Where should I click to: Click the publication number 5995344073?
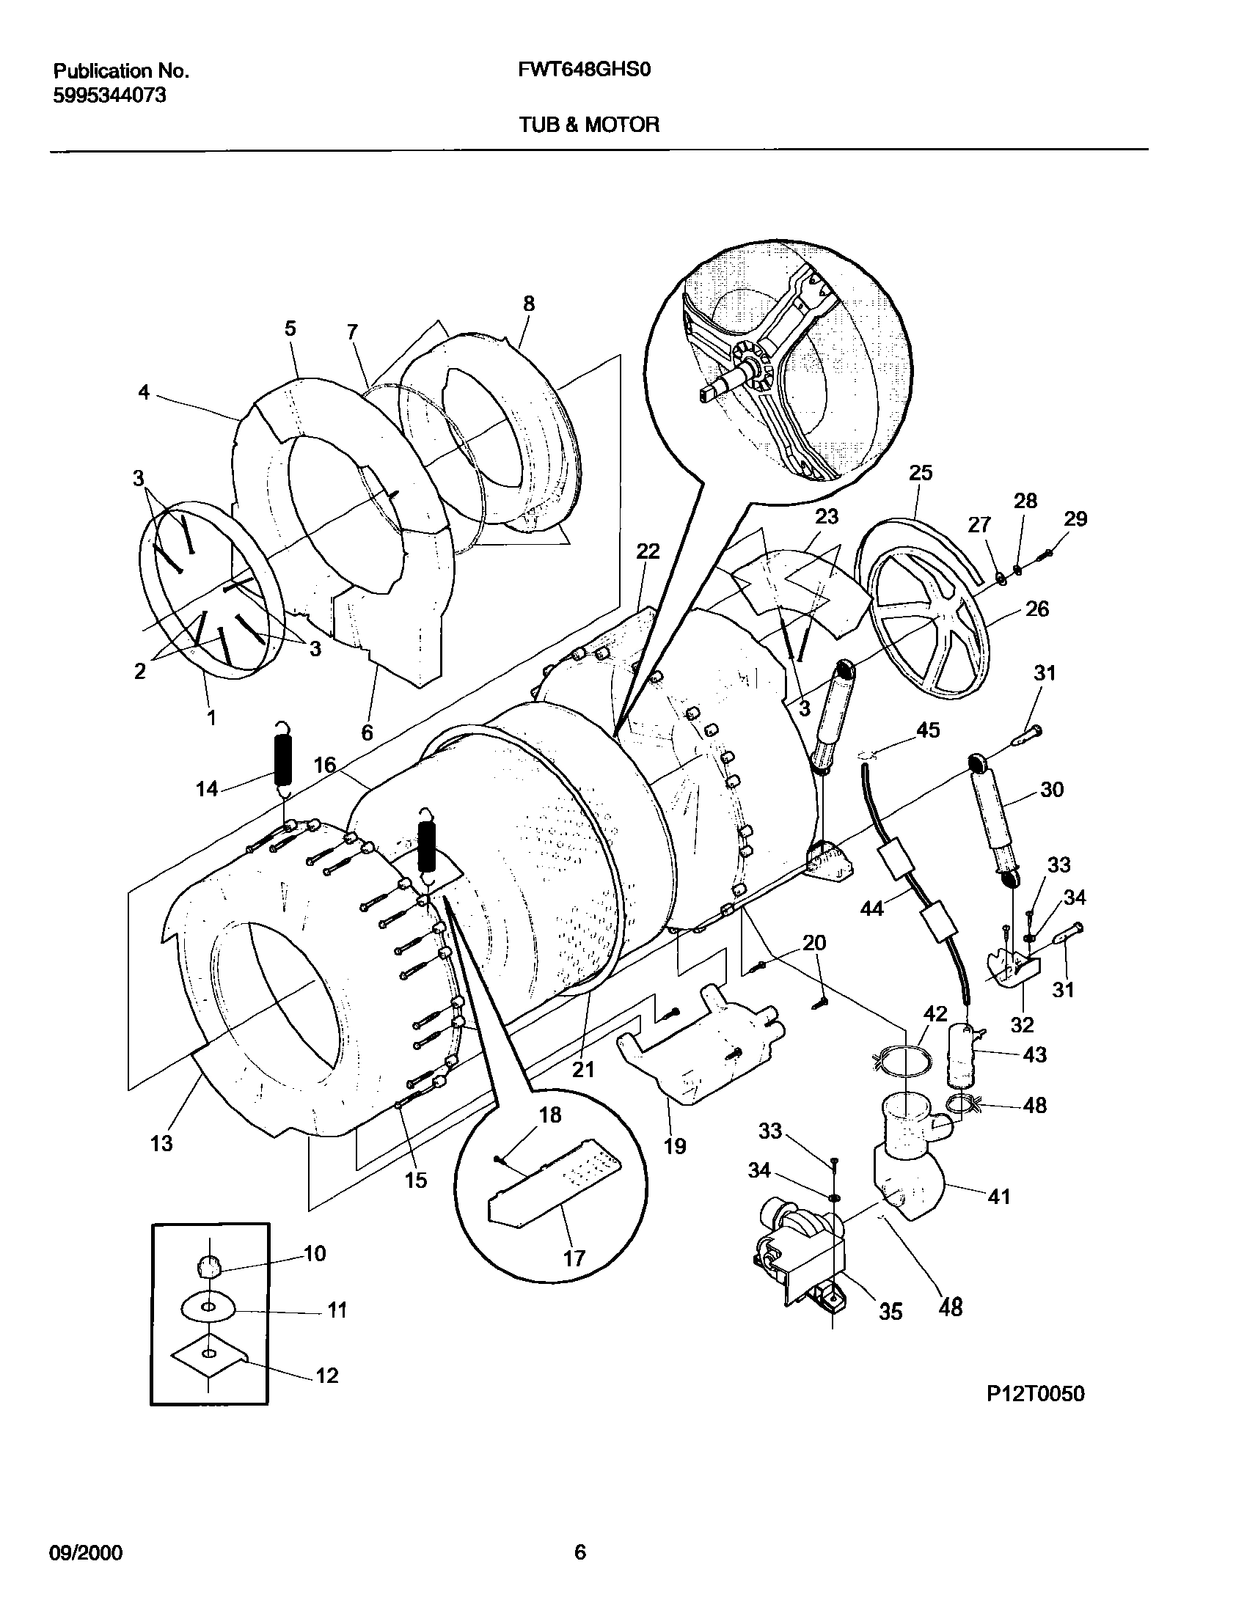click(109, 95)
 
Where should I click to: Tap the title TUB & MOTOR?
click(589, 125)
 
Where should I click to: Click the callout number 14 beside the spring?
click(207, 789)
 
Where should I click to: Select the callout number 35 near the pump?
click(890, 1312)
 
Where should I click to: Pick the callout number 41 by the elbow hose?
click(998, 1197)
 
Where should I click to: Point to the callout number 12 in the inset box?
click(326, 1376)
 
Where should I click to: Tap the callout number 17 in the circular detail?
click(574, 1258)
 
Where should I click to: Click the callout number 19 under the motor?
click(674, 1145)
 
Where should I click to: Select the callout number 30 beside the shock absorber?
click(1051, 790)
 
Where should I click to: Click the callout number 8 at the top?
click(528, 304)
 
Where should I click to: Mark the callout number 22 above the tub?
click(648, 551)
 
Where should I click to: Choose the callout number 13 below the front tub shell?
click(161, 1142)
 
